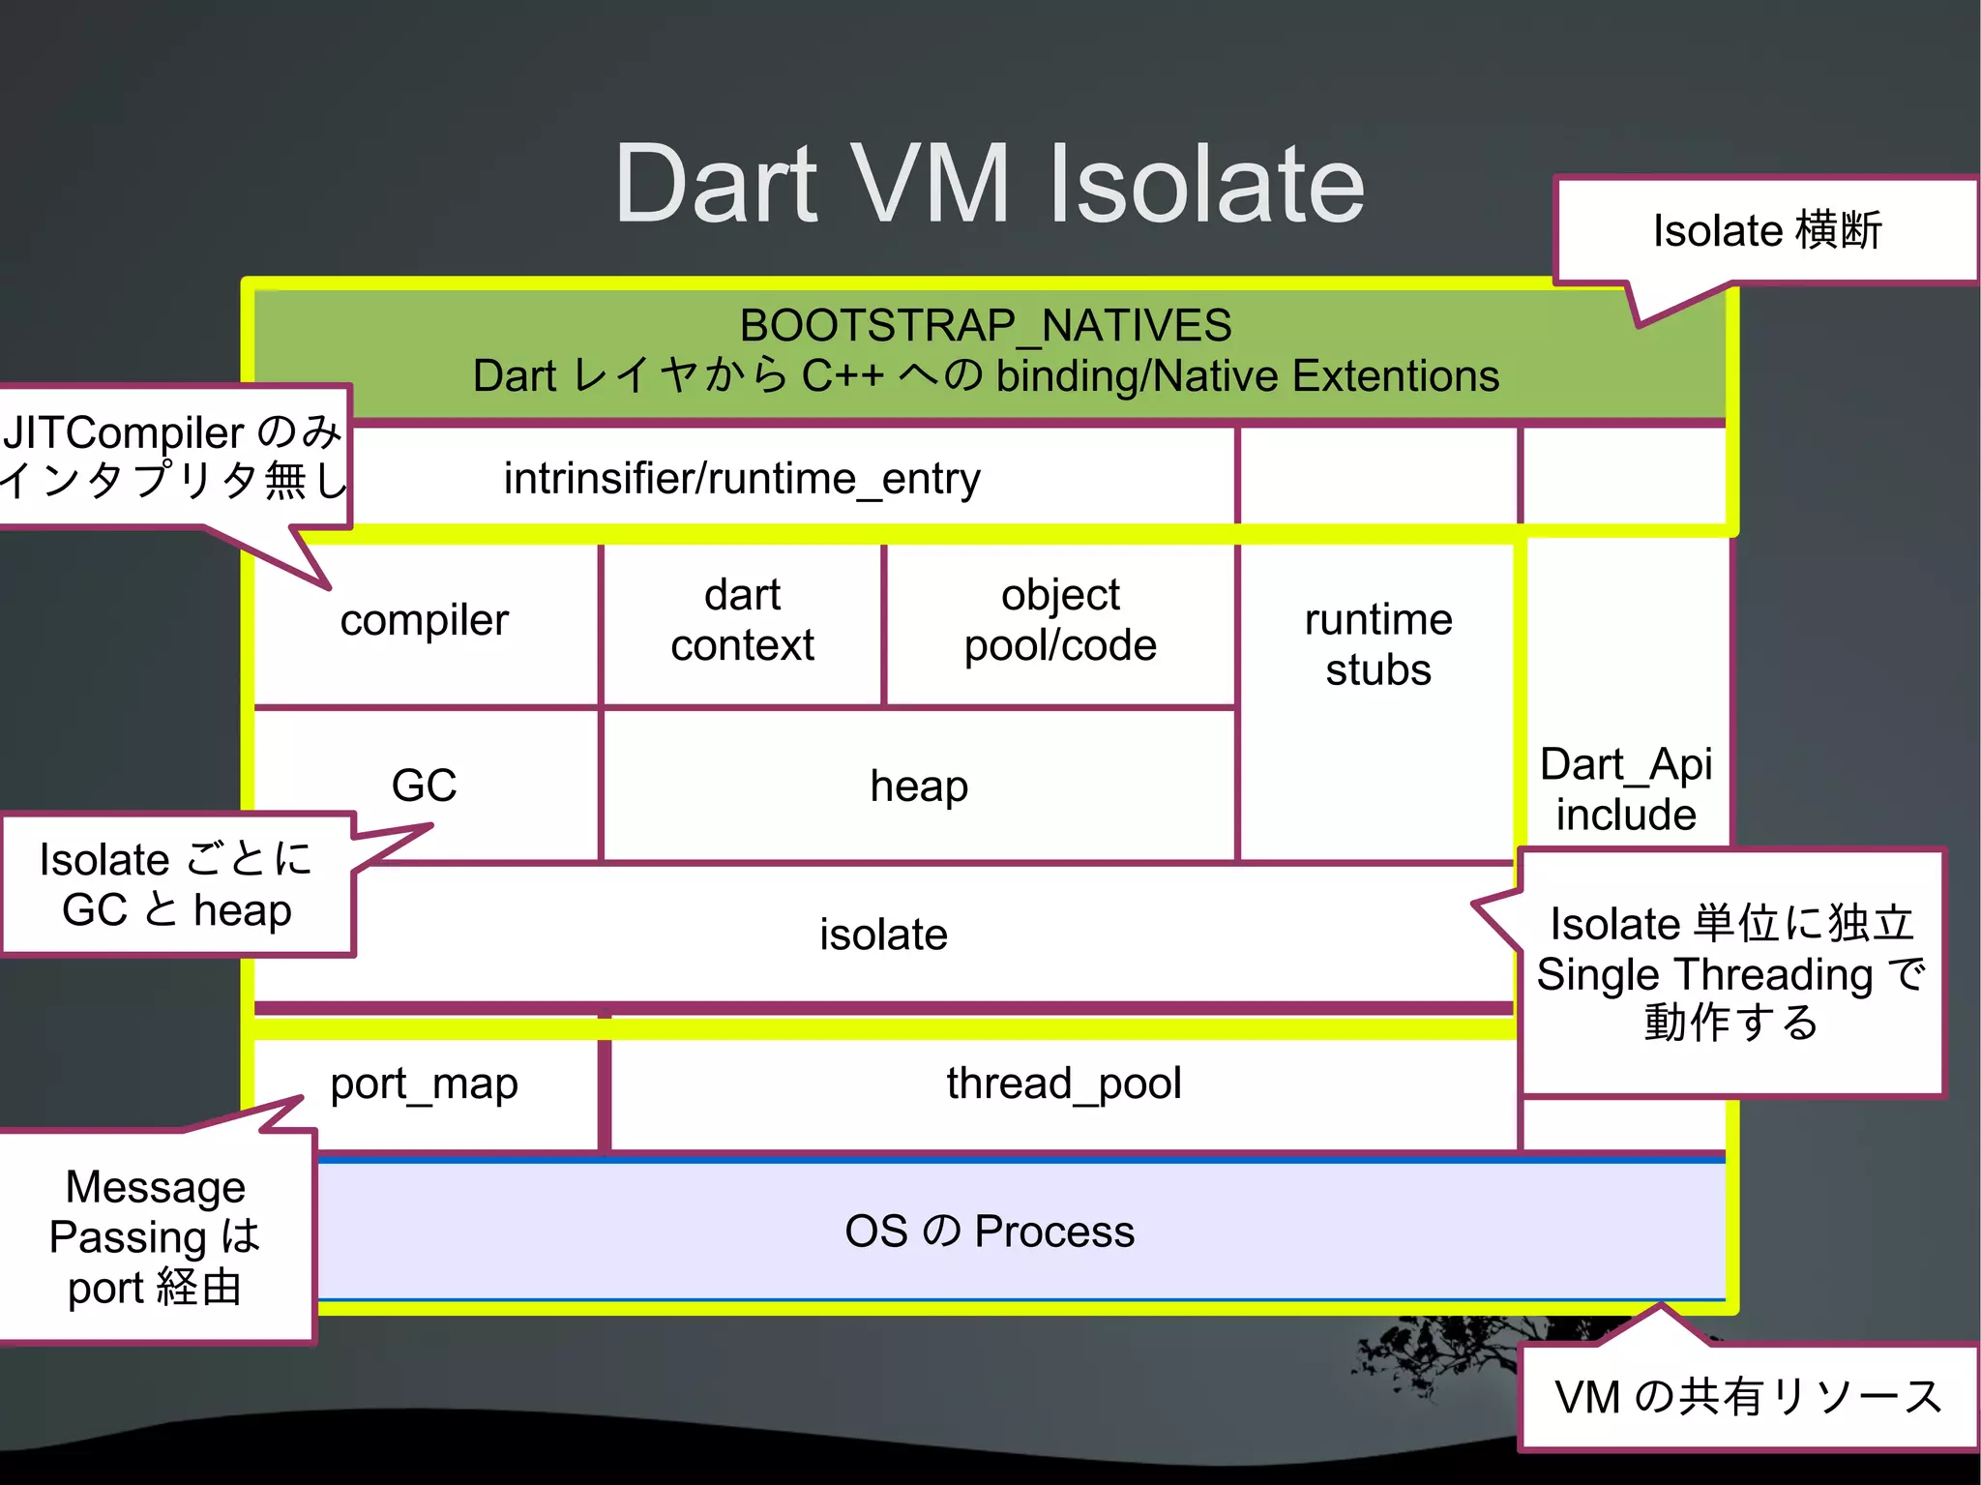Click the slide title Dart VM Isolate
coord(989,184)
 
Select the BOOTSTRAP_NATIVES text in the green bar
coord(985,326)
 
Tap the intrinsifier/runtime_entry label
coord(742,479)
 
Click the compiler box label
coord(424,620)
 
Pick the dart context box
coord(742,620)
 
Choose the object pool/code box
coord(1060,620)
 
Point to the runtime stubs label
coord(1377,644)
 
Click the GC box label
coord(424,785)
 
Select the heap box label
coord(918,786)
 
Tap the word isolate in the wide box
coord(883,935)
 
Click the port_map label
coord(424,1084)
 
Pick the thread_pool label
coord(1064,1084)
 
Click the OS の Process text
coord(989,1232)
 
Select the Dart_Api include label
coord(1625,789)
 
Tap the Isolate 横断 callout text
coord(1766,231)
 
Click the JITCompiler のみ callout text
coord(172,432)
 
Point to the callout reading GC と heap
coord(176,910)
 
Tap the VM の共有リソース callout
coord(1747,1397)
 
